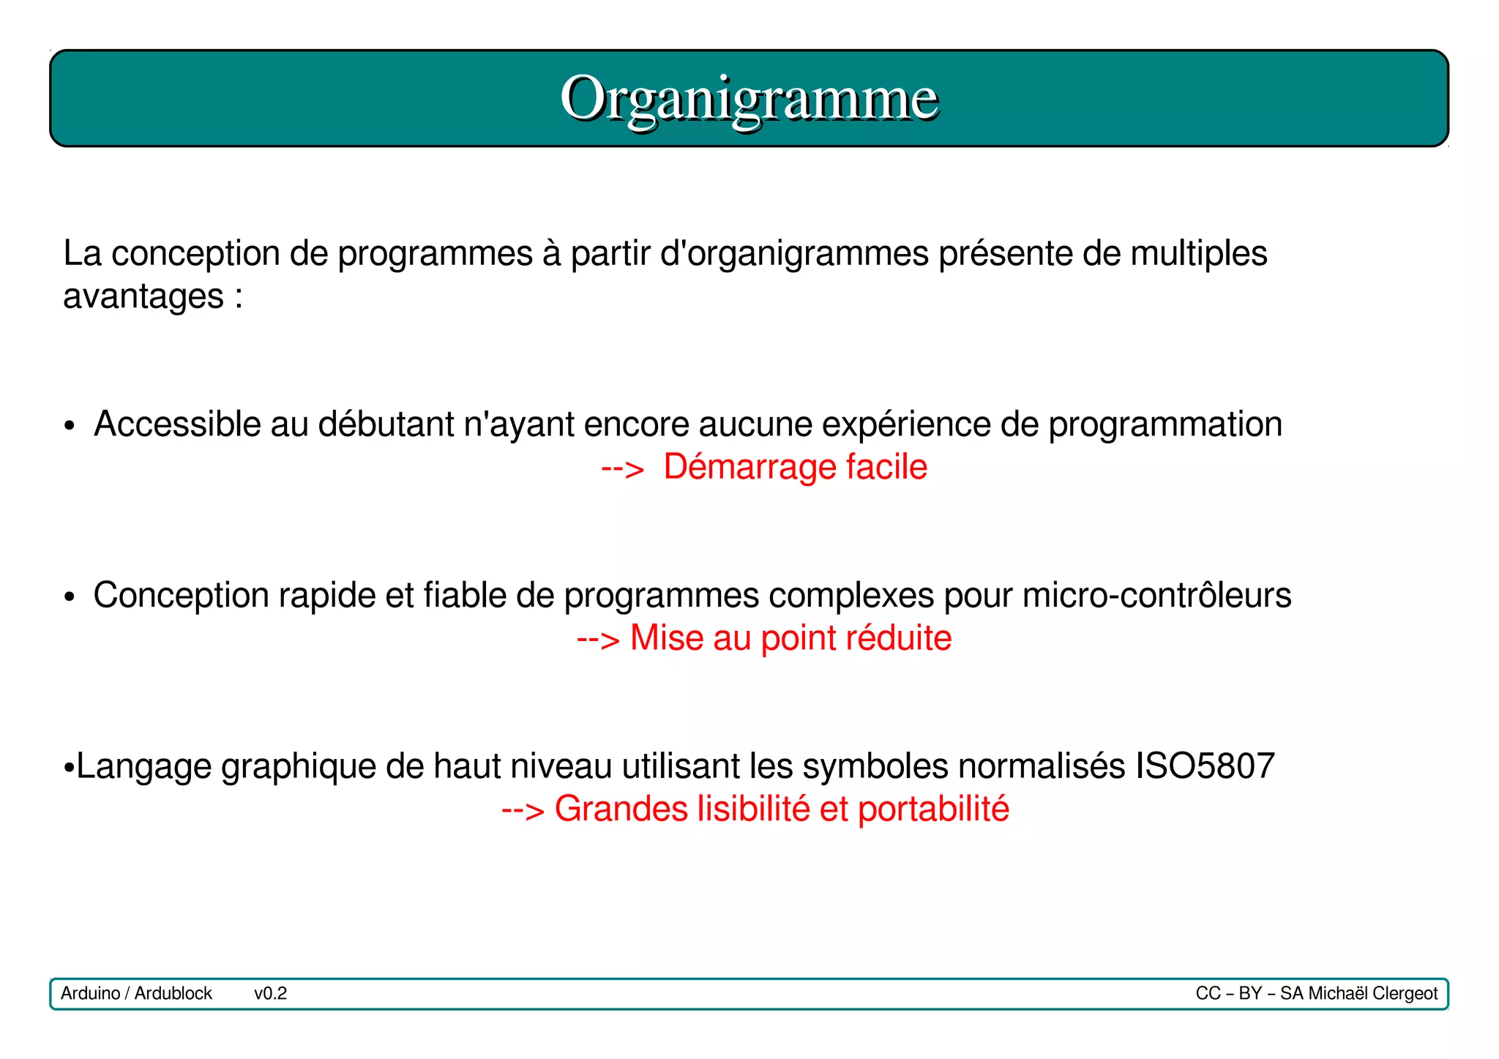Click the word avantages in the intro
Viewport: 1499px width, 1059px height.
pos(143,297)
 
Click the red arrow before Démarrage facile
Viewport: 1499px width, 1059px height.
pos(622,468)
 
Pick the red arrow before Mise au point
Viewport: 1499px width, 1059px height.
pos(598,640)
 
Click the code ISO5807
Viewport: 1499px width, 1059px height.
pos(1205,766)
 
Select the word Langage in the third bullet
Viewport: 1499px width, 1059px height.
pos(143,767)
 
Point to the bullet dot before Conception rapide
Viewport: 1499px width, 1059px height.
pos(70,597)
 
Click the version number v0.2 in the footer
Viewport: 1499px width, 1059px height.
pos(270,993)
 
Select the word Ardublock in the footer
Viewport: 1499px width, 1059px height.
pos(173,993)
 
